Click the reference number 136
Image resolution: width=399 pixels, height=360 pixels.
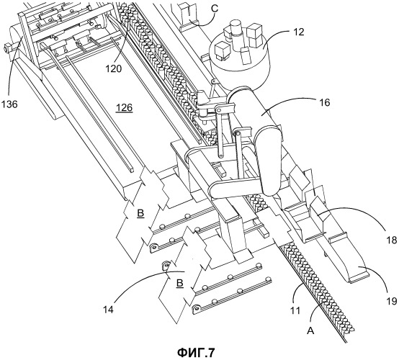(9, 104)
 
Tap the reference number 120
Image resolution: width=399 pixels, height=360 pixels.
(114, 68)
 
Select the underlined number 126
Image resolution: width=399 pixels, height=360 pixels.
(124, 108)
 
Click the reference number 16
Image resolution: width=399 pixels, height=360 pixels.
(324, 102)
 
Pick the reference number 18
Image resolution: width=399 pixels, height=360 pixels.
(391, 240)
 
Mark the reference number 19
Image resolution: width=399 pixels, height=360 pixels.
(391, 301)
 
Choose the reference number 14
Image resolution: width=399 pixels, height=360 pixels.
(109, 310)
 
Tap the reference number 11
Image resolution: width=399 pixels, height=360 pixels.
(295, 310)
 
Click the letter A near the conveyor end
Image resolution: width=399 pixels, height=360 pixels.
(311, 331)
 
